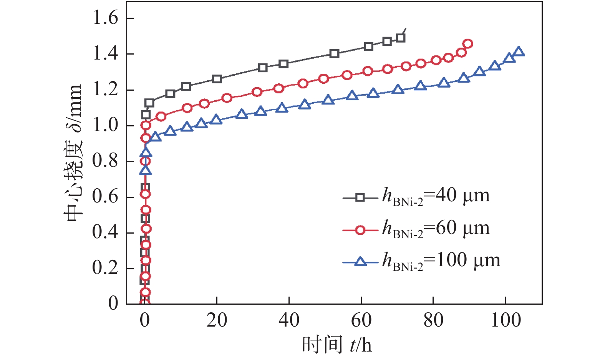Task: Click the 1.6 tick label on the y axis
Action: (106, 18)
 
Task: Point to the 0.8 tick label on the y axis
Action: (106, 161)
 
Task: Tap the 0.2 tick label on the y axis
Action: (106, 268)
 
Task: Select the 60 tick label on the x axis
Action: (361, 320)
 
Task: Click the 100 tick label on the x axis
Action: (506, 320)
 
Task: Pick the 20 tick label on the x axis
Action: (217, 320)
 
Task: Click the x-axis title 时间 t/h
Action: (337, 344)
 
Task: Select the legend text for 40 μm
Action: (436, 196)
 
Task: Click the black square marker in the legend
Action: (360, 198)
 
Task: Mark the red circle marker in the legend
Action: (360, 230)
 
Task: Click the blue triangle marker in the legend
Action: (360, 262)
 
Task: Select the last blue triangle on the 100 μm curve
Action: (519, 51)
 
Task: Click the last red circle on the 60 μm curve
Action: (467, 44)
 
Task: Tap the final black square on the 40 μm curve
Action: (401, 38)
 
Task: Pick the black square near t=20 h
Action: (217, 79)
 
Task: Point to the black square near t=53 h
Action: (335, 53)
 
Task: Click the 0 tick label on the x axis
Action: (144, 320)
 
